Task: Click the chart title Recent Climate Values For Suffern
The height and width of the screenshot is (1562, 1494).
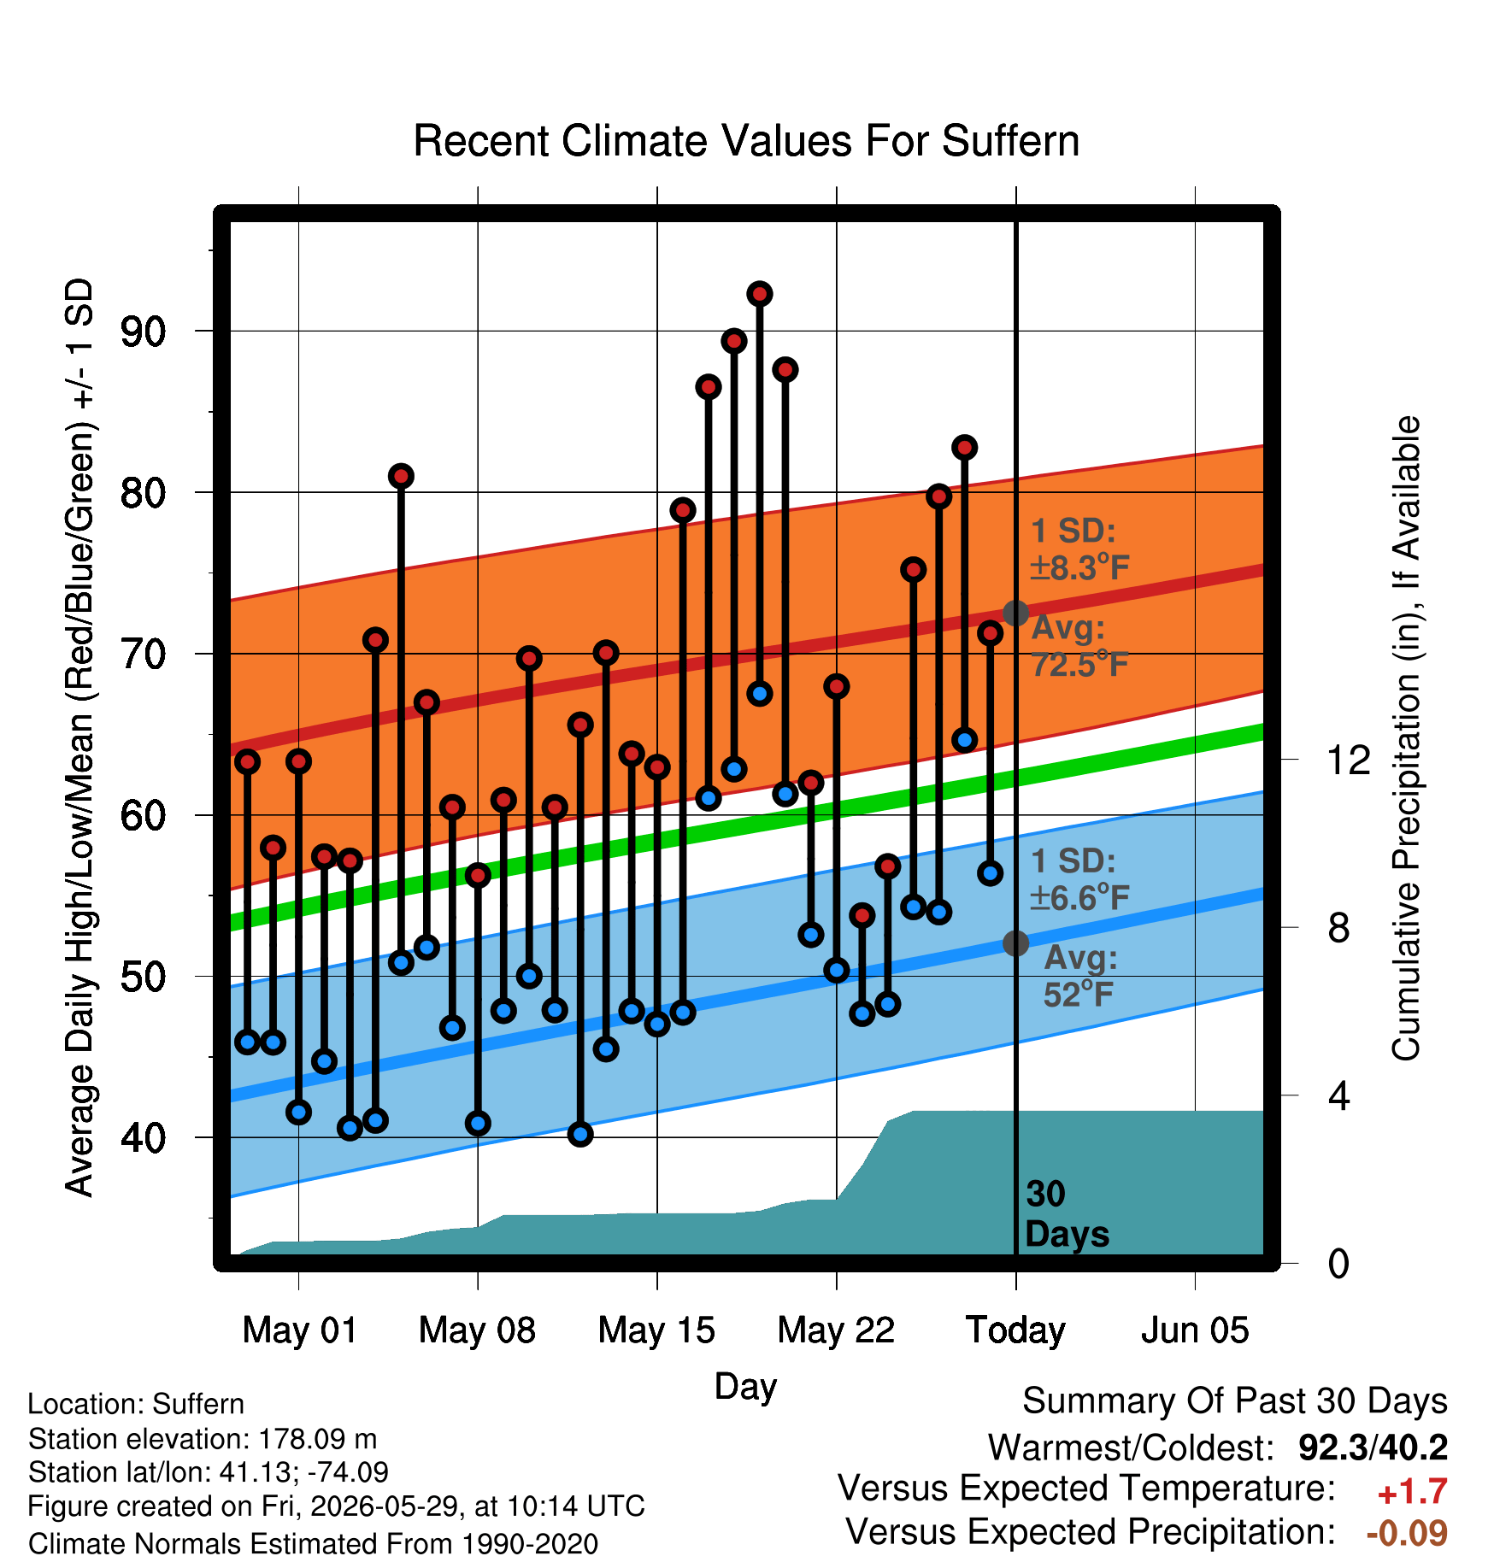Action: click(x=746, y=141)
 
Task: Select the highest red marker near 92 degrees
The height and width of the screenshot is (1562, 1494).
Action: click(x=760, y=294)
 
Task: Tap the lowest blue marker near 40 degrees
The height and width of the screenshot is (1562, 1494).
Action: click(x=580, y=1134)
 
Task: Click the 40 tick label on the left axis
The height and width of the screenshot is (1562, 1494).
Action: click(x=142, y=1138)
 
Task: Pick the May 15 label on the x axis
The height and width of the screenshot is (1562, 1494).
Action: click(x=656, y=1330)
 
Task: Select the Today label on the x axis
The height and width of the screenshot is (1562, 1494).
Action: click(x=1015, y=1330)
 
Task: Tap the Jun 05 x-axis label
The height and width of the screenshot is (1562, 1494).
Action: click(x=1195, y=1330)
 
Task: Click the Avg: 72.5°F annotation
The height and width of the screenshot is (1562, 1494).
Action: click(x=1079, y=646)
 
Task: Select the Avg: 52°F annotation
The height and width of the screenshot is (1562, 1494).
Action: click(x=1079, y=976)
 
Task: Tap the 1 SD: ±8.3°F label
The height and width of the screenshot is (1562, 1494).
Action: click(x=1079, y=549)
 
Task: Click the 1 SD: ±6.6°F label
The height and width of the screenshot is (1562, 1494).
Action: click(x=1079, y=879)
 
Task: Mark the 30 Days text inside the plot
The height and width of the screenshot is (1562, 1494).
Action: click(x=1067, y=1214)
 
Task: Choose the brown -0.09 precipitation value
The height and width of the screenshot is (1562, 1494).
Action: click(x=1407, y=1533)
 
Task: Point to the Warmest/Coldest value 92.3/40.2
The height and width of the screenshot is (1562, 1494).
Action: click(x=1373, y=1447)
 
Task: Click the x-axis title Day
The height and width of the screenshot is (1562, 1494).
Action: click(x=745, y=1387)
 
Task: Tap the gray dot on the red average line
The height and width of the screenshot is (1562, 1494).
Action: click(x=1015, y=613)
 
